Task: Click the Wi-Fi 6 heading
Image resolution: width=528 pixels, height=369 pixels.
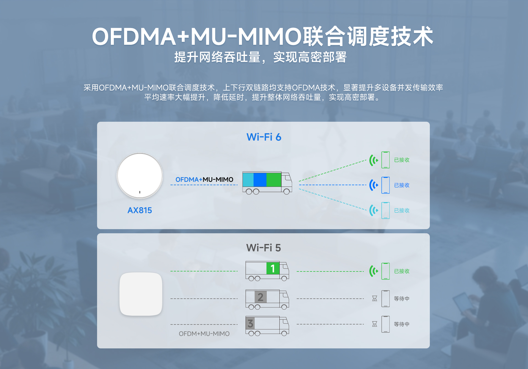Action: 264,137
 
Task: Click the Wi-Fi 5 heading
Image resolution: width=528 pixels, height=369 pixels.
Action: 263,248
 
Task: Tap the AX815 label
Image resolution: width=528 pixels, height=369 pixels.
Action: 140,210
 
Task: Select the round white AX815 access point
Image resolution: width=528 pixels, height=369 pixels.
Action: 140,176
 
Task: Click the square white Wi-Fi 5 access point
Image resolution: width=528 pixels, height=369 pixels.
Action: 141,294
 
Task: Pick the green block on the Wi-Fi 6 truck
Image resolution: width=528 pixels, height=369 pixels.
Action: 274,180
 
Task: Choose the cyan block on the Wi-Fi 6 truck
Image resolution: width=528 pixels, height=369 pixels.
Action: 248,180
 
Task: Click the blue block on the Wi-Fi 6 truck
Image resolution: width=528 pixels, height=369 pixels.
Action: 260,180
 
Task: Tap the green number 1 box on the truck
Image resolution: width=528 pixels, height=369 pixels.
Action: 273,268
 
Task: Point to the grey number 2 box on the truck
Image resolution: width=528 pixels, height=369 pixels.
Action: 260,297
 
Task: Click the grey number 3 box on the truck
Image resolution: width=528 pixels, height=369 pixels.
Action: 250,323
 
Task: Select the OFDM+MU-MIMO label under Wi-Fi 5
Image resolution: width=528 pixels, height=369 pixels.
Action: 204,334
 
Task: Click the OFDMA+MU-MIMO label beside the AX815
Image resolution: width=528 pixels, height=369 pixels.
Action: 204,179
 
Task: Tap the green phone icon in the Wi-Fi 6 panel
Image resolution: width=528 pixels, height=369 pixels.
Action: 386,160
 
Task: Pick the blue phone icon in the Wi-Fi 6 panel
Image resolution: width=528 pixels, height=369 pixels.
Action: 386,185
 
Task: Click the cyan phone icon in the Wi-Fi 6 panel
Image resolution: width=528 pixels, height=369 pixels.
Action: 386,210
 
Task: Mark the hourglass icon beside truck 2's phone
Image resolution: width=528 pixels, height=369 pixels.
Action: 375,298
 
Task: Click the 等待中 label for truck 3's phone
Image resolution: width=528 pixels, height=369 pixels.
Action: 402,324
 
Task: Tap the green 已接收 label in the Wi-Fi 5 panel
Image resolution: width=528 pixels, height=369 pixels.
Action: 402,271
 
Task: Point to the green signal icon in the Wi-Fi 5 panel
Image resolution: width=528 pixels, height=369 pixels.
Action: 373,271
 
